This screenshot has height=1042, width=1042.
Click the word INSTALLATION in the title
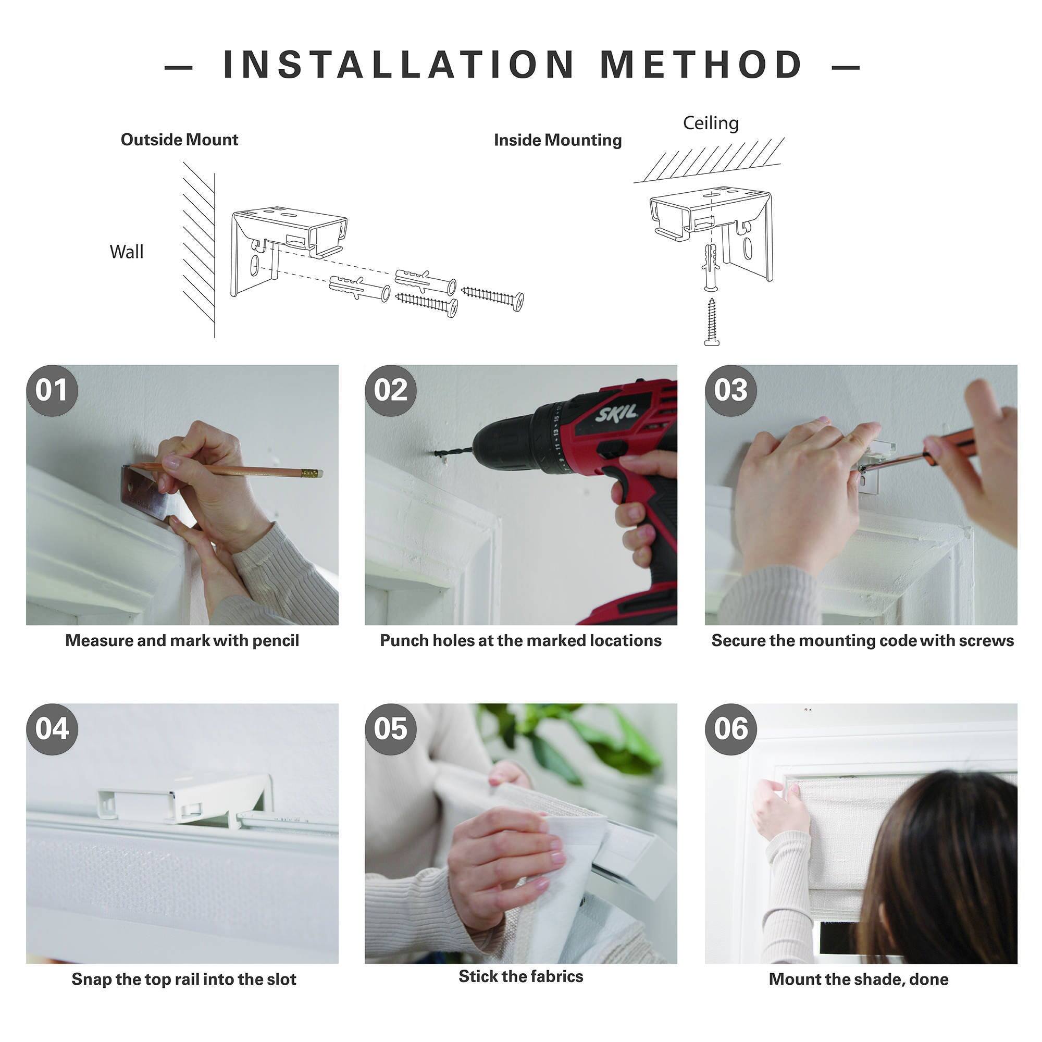(399, 65)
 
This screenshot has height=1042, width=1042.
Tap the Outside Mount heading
(179, 140)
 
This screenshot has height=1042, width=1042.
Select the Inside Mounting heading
(557, 140)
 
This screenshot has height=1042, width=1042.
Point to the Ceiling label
(710, 123)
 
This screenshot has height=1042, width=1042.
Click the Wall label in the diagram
(126, 252)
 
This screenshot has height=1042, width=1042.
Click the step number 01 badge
(52, 390)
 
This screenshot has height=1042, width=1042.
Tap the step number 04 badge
(52, 729)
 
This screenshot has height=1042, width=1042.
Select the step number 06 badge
(730, 729)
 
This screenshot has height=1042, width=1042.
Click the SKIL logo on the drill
(616, 414)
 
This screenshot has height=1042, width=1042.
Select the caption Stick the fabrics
(520, 976)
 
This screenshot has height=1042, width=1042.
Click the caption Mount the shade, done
(858, 979)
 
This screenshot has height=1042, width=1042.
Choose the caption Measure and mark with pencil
(182, 640)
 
